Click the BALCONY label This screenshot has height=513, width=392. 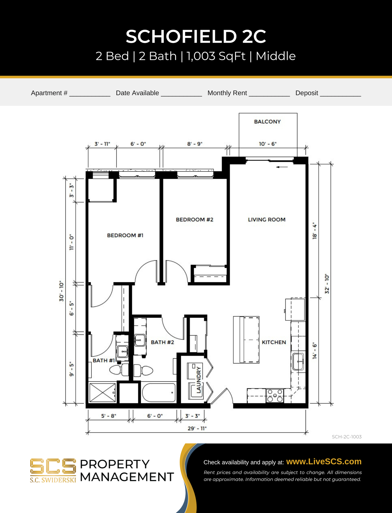pyautogui.click(x=267, y=122)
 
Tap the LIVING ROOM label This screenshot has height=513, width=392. pyautogui.click(x=266, y=220)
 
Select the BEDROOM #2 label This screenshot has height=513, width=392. pyautogui.click(x=194, y=220)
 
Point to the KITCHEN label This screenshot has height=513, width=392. pyautogui.click(x=274, y=342)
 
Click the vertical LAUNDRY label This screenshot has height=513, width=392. pyautogui.click(x=198, y=380)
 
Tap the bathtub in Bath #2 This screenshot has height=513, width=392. pyautogui.click(x=159, y=392)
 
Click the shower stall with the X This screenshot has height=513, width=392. pyautogui.click(x=103, y=392)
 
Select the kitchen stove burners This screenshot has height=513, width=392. pyautogui.click(x=275, y=396)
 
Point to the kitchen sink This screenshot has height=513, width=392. pyautogui.click(x=298, y=362)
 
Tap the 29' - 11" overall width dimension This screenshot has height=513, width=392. pyautogui.click(x=197, y=428)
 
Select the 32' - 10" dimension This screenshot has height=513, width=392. pyautogui.click(x=327, y=284)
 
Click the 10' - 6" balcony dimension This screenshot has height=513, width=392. pyautogui.click(x=268, y=144)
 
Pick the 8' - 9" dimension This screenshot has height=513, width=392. pyautogui.click(x=195, y=144)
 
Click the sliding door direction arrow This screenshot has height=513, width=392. pyautogui.click(x=282, y=167)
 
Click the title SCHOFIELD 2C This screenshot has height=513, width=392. pyautogui.click(x=196, y=36)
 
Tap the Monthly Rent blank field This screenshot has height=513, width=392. pyautogui.click(x=269, y=94)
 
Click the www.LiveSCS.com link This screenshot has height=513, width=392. pyautogui.click(x=324, y=461)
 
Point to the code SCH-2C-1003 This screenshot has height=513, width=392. pyautogui.click(x=347, y=437)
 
